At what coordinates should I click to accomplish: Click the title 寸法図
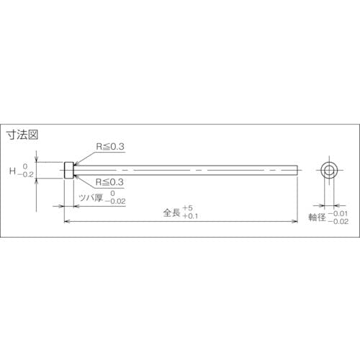click(22, 135)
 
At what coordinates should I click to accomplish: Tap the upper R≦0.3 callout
click(110, 147)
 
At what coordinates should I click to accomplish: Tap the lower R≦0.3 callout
click(109, 182)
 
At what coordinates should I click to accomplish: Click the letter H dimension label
click(12, 171)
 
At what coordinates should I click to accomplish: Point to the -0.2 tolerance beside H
click(25, 175)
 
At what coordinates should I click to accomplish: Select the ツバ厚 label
click(91, 198)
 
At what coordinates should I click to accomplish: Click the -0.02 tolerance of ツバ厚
click(115, 202)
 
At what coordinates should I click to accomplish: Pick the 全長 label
click(171, 212)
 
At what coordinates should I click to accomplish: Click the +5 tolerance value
click(187, 208)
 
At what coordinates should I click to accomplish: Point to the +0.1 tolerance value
click(190, 216)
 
